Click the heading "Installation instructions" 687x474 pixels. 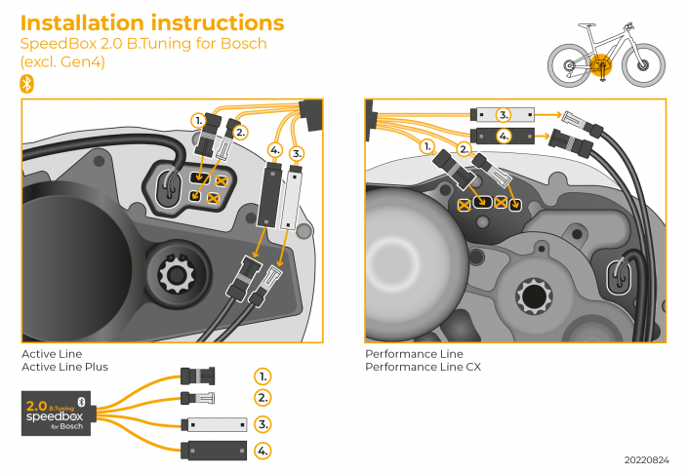(152, 22)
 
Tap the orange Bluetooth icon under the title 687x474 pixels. (27, 84)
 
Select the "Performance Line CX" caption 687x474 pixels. (423, 367)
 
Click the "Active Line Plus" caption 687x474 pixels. (64, 367)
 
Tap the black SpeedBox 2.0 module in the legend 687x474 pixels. (57, 412)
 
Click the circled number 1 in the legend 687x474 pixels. (263, 375)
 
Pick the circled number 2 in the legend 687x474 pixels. (263, 398)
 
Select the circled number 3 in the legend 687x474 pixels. (263, 424)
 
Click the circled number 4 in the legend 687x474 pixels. (263, 451)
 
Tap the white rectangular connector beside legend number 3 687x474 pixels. (212, 425)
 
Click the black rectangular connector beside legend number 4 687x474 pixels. (212, 451)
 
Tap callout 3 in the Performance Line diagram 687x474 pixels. (504, 114)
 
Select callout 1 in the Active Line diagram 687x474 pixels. (198, 121)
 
